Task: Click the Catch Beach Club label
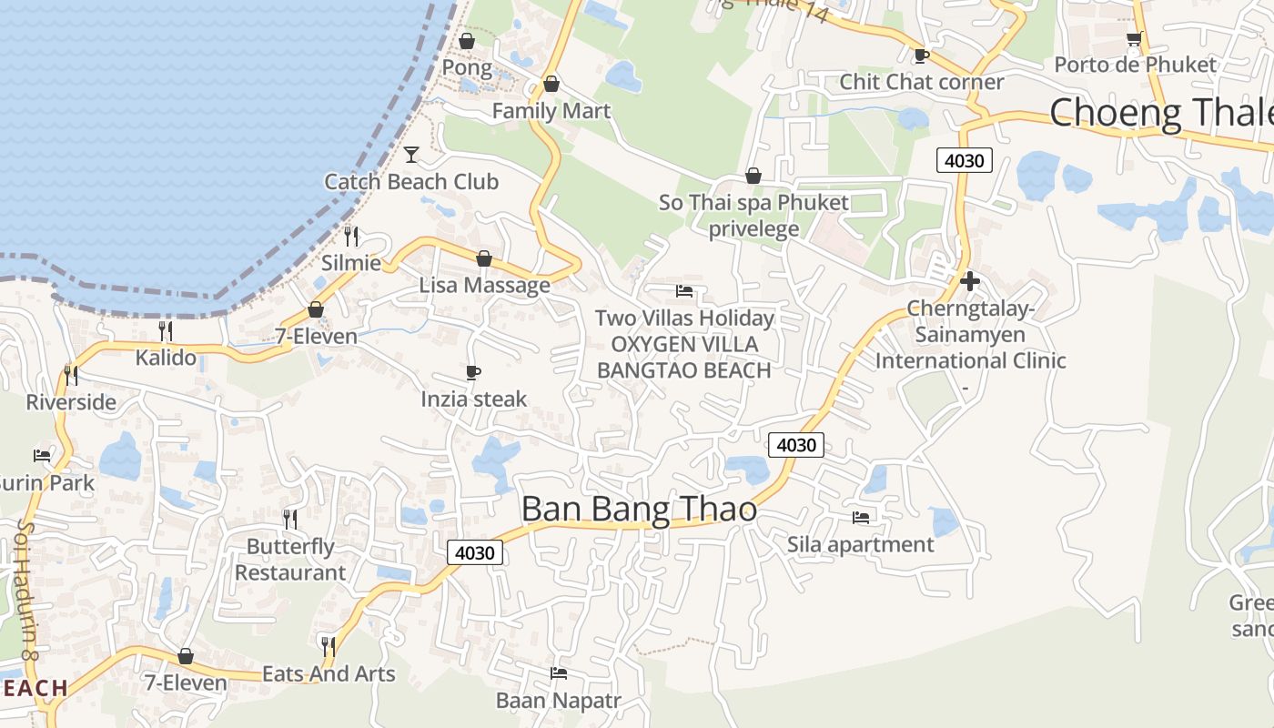pyautogui.click(x=411, y=182)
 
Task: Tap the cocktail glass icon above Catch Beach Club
pyautogui.click(x=411, y=154)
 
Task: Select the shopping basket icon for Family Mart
pyautogui.click(x=551, y=85)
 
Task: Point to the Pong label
pyautogui.click(x=467, y=68)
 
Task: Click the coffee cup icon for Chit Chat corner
pyautogui.click(x=921, y=56)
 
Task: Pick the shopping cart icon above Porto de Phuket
pyautogui.click(x=1134, y=39)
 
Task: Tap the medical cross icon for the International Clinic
pyautogui.click(x=970, y=281)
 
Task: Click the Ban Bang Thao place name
pyautogui.click(x=639, y=510)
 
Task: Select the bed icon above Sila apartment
pyautogui.click(x=860, y=518)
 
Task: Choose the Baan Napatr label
pyautogui.click(x=558, y=701)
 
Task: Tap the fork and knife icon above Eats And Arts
pyautogui.click(x=329, y=646)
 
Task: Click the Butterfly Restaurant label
pyautogui.click(x=290, y=560)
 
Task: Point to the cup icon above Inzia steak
pyautogui.click(x=473, y=372)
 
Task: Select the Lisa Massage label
pyautogui.click(x=484, y=286)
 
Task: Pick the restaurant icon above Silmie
pyautogui.click(x=351, y=237)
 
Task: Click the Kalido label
pyautogui.click(x=166, y=358)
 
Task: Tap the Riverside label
pyautogui.click(x=71, y=402)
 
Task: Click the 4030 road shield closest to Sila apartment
pyautogui.click(x=796, y=445)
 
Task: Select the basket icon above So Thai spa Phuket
pyautogui.click(x=753, y=176)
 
